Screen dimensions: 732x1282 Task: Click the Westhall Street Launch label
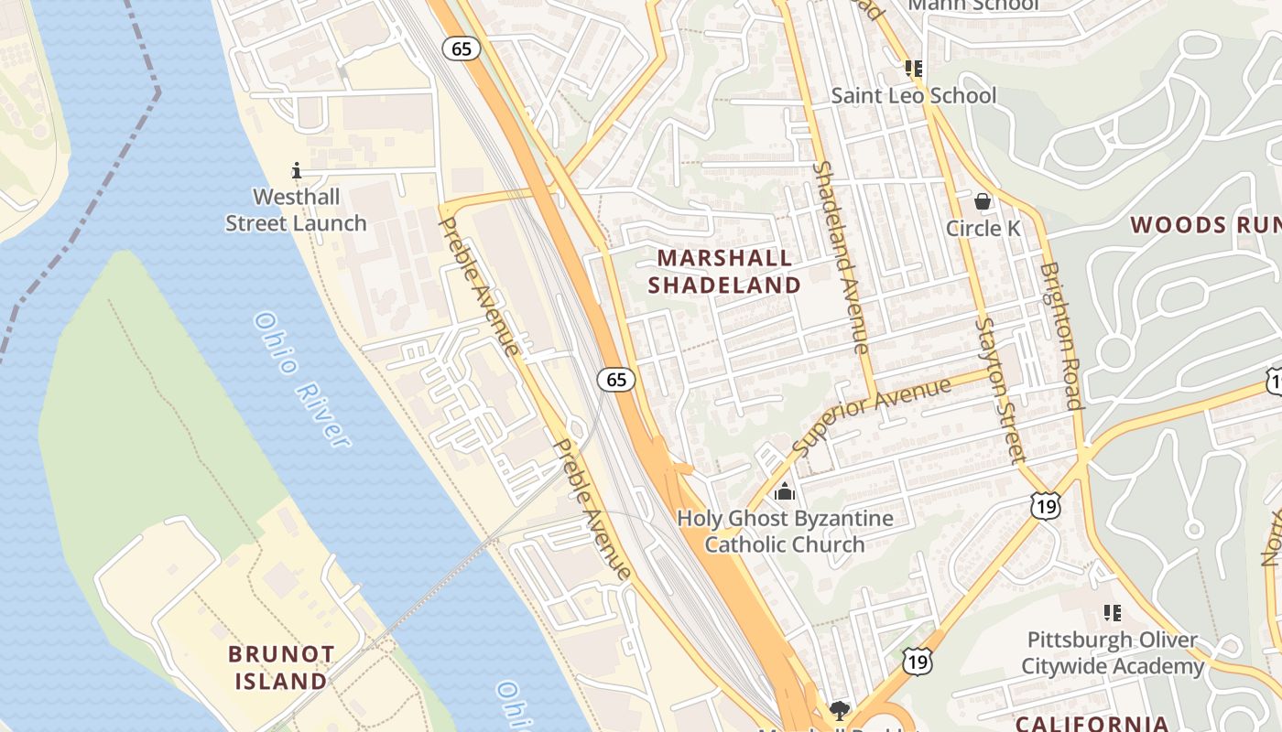pyautogui.click(x=296, y=210)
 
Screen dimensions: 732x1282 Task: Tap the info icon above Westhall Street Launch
pyautogui.click(x=296, y=170)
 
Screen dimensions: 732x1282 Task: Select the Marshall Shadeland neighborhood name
pyautogui.click(x=724, y=271)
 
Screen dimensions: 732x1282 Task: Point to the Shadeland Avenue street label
pyautogui.click(x=840, y=258)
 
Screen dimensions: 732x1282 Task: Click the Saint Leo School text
pyautogui.click(x=913, y=95)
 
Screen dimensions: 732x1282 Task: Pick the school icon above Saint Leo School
pyautogui.click(x=913, y=68)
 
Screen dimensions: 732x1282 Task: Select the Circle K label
pyautogui.click(x=983, y=228)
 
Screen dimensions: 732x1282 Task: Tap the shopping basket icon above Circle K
pyautogui.click(x=983, y=200)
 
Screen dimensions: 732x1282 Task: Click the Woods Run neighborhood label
pyautogui.click(x=1204, y=224)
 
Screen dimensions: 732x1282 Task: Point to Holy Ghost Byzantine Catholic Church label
pyautogui.click(x=785, y=532)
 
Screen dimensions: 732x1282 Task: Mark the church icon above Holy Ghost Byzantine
pyautogui.click(x=784, y=492)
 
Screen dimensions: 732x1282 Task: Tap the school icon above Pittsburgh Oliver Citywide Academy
pyautogui.click(x=1113, y=612)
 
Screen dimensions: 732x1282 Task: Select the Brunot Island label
pyautogui.click(x=281, y=667)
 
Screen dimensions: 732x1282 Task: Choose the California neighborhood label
pyautogui.click(x=1092, y=724)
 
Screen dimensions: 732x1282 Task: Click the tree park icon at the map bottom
pyautogui.click(x=838, y=710)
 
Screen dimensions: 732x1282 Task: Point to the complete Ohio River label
pyautogui.click(x=301, y=380)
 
